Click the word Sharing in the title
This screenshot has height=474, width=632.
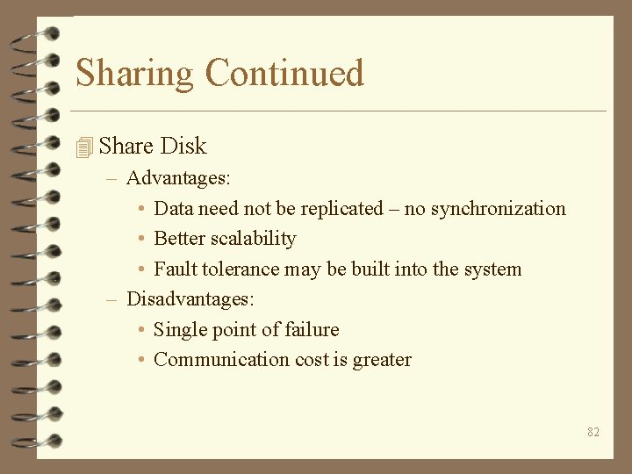point(134,74)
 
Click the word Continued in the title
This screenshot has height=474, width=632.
point(284,72)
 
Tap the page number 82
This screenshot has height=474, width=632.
point(593,432)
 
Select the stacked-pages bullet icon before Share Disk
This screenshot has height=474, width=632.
point(84,147)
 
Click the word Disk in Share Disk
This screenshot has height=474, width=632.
point(183,146)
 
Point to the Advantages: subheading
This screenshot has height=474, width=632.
point(178,178)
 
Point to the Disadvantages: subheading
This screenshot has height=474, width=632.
point(190,299)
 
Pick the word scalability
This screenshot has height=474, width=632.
point(254,239)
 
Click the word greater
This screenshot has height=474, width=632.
point(382,360)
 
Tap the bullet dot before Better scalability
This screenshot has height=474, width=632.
point(142,239)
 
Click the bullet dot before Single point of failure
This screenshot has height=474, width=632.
point(142,330)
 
